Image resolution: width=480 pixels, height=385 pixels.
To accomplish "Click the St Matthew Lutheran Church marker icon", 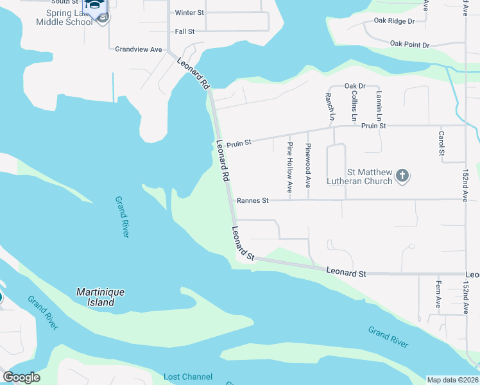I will click(402, 176).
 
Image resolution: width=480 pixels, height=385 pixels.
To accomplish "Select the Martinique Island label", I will click(101, 297).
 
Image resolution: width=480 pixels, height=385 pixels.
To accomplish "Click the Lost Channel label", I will click(188, 377).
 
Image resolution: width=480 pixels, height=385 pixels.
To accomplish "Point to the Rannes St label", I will click(252, 200).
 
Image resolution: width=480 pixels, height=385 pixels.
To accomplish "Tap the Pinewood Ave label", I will click(308, 166).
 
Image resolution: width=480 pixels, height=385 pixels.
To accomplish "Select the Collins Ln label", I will click(354, 105).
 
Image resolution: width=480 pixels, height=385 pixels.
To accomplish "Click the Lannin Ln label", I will click(379, 106).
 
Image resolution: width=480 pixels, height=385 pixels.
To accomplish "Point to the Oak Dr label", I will click(354, 86).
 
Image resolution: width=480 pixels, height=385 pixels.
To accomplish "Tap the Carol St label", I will click(441, 144).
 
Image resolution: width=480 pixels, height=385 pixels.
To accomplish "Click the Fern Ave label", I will click(438, 295).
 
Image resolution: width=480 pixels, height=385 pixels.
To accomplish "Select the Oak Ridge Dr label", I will click(394, 21).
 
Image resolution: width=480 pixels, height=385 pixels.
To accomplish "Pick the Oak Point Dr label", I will click(409, 44).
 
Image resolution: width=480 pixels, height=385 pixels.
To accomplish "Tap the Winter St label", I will click(189, 13).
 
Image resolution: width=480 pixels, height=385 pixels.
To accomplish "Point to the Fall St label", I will click(184, 31).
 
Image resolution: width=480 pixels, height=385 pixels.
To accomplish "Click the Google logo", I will click(21, 377).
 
